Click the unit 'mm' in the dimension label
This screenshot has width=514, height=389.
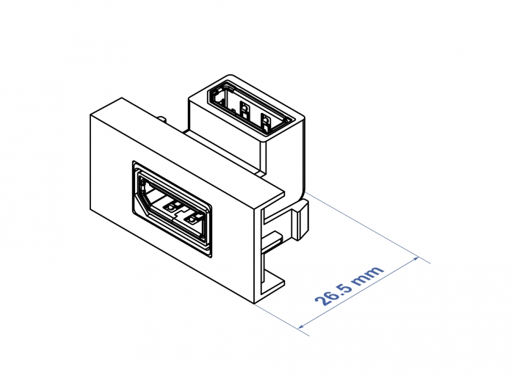370,276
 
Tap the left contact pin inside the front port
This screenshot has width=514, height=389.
170,208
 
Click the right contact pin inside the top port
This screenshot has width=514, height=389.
264,120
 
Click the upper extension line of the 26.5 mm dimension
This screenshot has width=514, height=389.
367,228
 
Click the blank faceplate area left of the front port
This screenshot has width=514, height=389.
111,183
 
